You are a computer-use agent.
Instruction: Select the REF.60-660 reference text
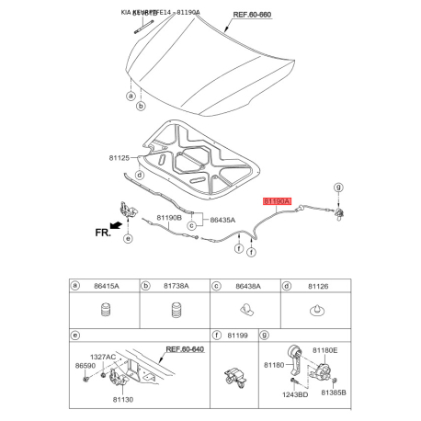point(254,16)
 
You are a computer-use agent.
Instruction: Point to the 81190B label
point(168,217)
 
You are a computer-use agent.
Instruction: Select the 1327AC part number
point(102,357)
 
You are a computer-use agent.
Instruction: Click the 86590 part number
point(85,366)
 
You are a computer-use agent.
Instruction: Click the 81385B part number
point(333,393)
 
